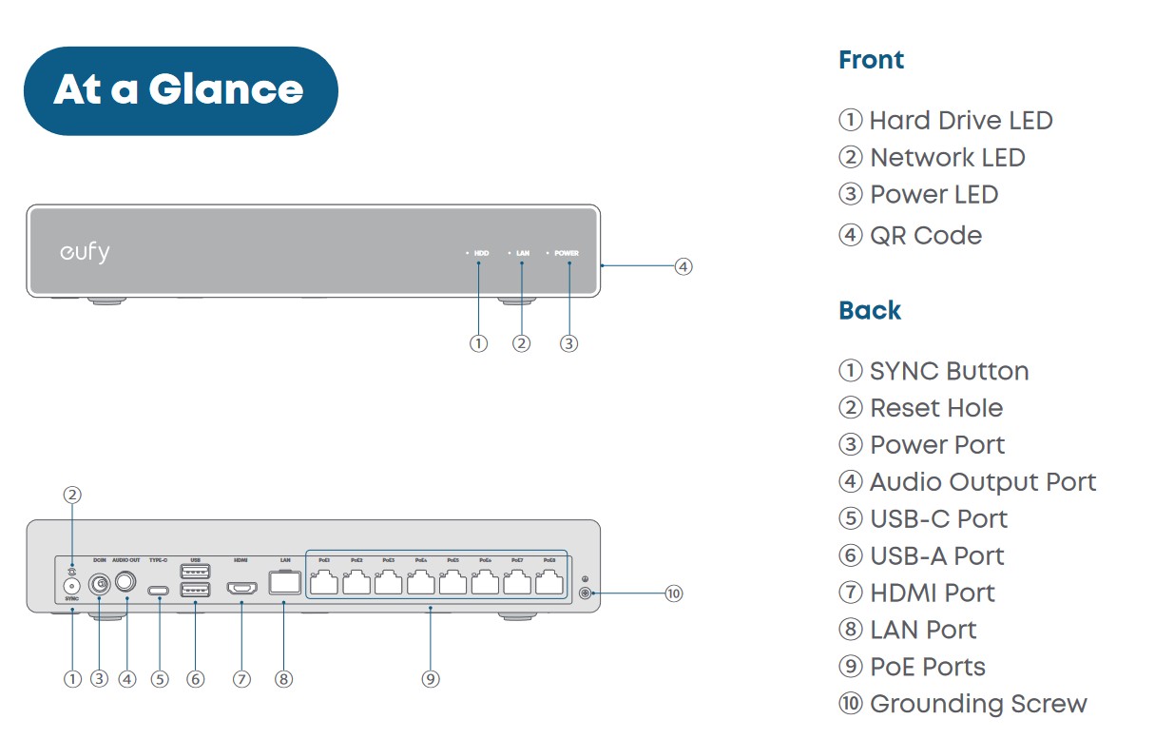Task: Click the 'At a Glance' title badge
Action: point(180,90)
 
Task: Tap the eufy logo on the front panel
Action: point(85,253)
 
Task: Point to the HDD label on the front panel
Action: point(481,254)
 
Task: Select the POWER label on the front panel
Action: point(567,254)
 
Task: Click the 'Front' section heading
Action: point(871,60)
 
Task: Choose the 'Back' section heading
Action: point(870,311)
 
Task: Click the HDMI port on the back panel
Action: point(241,589)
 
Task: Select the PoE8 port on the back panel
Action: point(549,583)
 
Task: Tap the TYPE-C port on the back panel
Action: point(159,591)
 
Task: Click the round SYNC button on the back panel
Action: point(71,587)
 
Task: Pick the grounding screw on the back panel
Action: point(587,594)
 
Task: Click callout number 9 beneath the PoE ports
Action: point(431,679)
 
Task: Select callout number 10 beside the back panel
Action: point(673,594)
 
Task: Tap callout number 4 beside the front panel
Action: point(683,266)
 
